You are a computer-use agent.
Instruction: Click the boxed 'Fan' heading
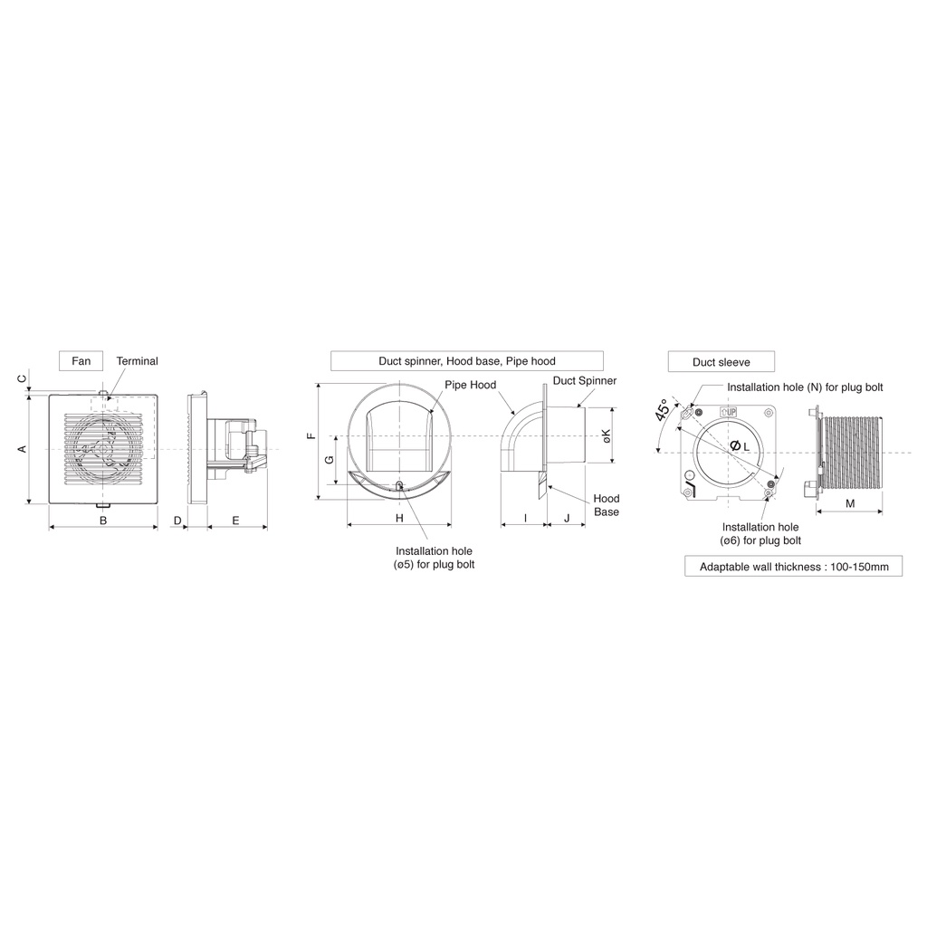tap(81, 361)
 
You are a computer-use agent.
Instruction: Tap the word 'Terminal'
tap(138, 361)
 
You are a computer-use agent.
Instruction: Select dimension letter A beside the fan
tap(23, 449)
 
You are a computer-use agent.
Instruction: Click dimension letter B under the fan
tap(103, 521)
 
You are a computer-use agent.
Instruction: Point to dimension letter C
tap(23, 378)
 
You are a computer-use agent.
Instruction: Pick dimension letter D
tap(177, 521)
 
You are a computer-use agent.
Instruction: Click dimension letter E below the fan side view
tap(236, 521)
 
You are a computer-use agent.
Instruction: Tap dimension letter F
tap(311, 436)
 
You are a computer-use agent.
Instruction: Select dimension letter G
tap(330, 459)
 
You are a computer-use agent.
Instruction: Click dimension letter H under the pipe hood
tap(399, 519)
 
